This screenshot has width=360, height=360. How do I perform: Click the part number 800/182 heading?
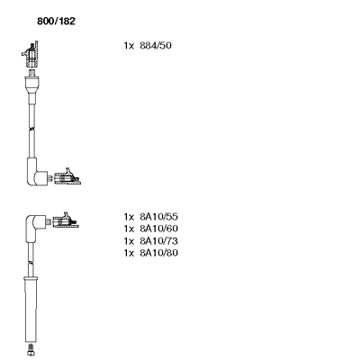point(56,22)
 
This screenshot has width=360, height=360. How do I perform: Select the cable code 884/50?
point(156,46)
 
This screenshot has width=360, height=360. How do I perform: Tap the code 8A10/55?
point(158,217)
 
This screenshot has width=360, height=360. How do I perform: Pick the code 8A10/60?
point(158,229)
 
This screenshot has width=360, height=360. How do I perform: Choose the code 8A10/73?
point(158,241)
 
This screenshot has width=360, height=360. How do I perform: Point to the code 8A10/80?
point(158,253)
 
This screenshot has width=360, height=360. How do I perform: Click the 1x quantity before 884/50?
point(129,46)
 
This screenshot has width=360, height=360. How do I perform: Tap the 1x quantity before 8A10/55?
point(129,217)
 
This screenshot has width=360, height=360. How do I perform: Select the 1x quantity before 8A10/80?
point(129,253)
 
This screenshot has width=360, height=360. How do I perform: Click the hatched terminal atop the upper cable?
point(31,55)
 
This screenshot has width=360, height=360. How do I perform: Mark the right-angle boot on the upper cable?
point(35,173)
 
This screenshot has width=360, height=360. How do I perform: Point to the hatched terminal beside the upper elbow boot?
point(67,177)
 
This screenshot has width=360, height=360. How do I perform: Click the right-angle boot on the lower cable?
point(34,225)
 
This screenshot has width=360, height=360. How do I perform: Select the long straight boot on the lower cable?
point(31,309)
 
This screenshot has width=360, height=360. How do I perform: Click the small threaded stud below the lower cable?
point(31,350)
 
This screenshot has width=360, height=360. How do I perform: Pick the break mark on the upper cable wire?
point(31,129)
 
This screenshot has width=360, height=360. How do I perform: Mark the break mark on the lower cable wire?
point(31,262)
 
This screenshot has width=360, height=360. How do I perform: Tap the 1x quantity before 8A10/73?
point(129,241)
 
